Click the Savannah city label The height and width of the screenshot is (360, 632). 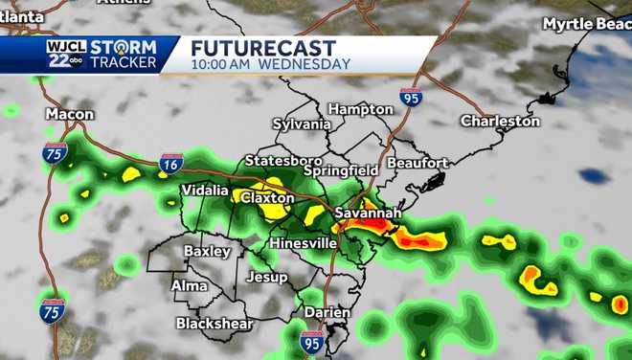367,212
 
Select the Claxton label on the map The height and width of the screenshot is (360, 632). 266,197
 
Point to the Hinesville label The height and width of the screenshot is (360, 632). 304,243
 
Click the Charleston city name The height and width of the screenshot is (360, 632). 500,122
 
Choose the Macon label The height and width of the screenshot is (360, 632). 70,115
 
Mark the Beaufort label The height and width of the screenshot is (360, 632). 418,164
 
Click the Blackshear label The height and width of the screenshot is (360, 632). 214,324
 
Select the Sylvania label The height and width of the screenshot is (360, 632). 302,124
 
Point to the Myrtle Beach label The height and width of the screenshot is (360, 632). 587,23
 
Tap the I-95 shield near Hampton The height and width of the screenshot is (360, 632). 411,97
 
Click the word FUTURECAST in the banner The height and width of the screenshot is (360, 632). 263,48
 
